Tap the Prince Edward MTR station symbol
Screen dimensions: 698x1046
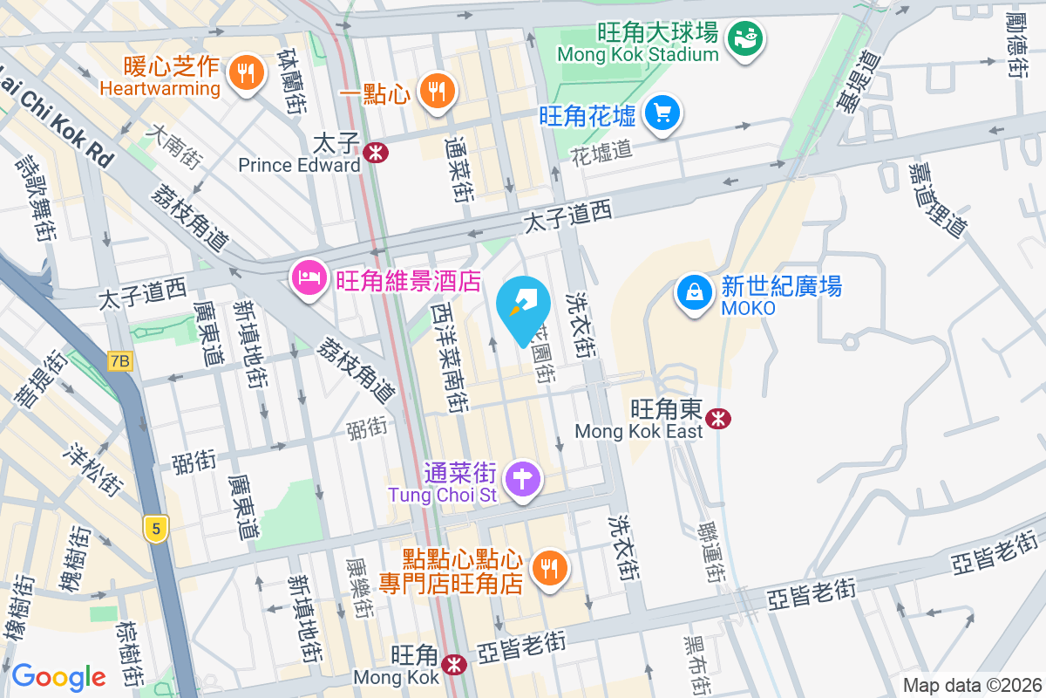tap(377, 153)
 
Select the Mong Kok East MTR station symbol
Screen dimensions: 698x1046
tap(718, 419)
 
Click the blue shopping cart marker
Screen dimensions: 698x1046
tap(662, 113)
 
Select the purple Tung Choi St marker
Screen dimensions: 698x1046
tap(523, 479)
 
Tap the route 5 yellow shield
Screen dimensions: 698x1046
tap(156, 528)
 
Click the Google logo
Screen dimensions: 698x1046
tap(58, 676)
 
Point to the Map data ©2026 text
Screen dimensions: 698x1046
tap(971, 685)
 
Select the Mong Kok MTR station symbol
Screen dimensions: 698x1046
tap(453, 665)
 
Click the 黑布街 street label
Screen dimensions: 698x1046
tap(695, 665)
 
